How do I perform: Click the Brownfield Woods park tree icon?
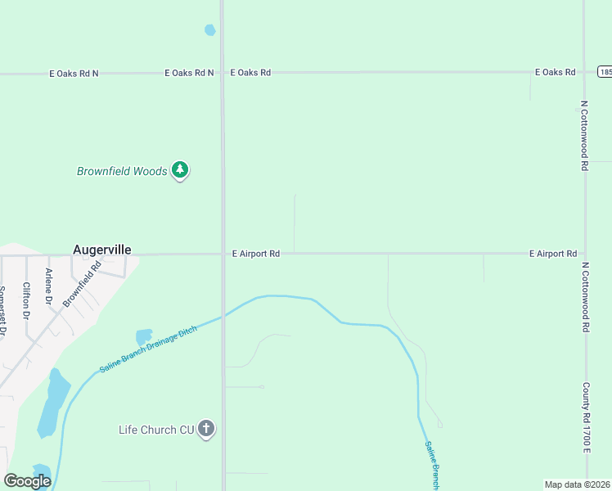point(180,171)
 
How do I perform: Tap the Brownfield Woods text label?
point(122,172)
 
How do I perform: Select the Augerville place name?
point(102,250)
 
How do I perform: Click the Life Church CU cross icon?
point(206,428)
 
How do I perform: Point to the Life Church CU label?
point(156,430)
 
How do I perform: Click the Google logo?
point(27,481)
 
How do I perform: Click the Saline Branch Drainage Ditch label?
point(148,349)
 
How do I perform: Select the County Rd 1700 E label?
point(586,417)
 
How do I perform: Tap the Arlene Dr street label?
point(49,286)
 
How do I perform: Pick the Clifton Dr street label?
point(27,300)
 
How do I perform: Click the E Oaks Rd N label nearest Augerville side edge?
point(74,73)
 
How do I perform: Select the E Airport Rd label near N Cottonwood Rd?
point(552,254)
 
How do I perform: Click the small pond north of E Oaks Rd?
point(209,30)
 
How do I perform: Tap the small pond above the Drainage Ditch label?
point(144,336)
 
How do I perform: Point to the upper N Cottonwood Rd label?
point(585,136)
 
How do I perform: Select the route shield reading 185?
point(605,72)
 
